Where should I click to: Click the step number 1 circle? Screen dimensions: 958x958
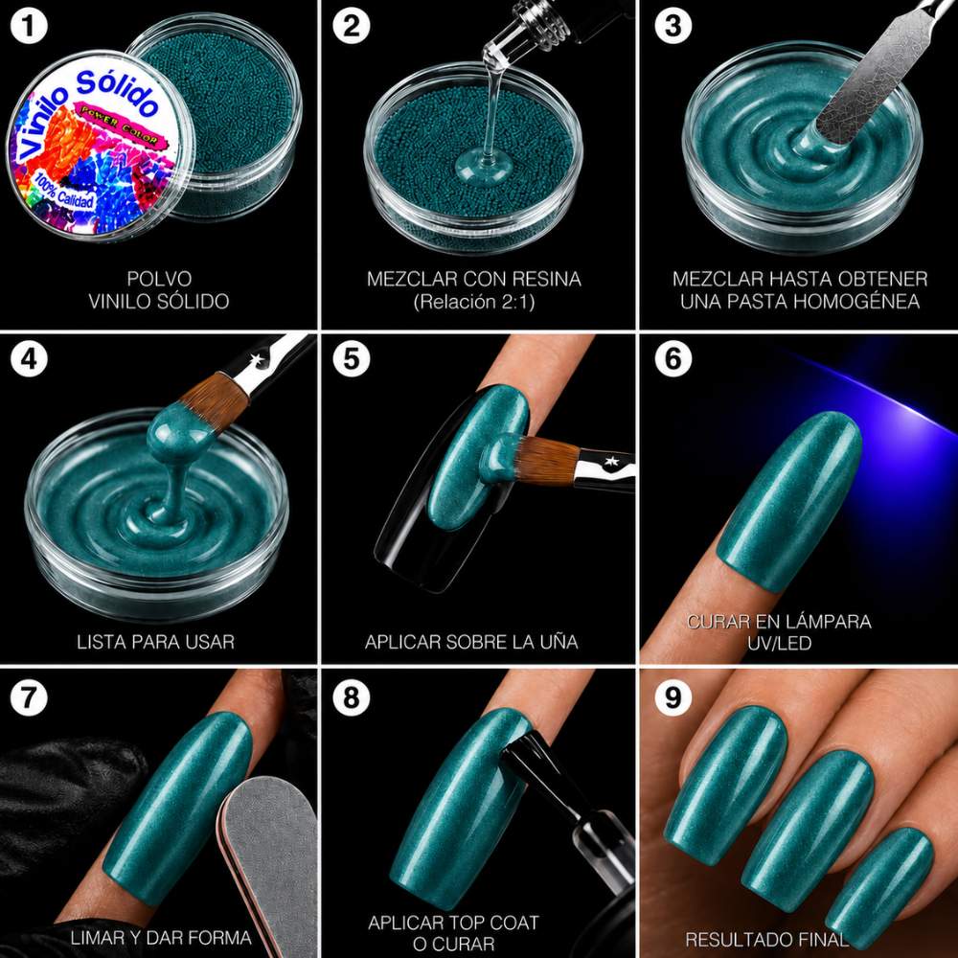coord(29,26)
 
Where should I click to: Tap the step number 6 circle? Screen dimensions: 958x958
coord(673,358)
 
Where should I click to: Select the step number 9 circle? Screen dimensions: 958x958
coord(673,697)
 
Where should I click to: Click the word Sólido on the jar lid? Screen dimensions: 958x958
coord(116,92)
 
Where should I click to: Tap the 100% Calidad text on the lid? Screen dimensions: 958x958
coord(64,192)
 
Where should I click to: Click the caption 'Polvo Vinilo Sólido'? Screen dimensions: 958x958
coord(159,289)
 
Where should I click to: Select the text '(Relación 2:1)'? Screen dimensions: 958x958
coord(473,301)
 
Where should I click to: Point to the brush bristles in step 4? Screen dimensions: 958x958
coord(215,400)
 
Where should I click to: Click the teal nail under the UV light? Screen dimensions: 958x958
coord(788,501)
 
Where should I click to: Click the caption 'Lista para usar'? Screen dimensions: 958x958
coord(156,642)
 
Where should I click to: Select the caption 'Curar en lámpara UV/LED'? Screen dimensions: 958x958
coord(779,632)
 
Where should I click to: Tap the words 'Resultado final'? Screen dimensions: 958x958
coord(766,939)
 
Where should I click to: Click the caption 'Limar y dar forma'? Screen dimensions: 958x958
coord(161,938)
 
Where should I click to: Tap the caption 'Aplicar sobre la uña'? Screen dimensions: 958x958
coord(471,642)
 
